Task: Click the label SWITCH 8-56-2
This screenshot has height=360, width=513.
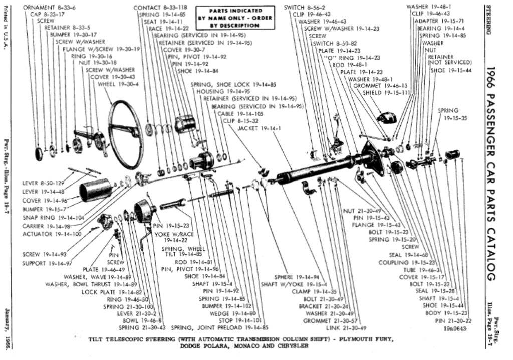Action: [304, 8]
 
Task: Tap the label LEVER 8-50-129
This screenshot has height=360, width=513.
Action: [44, 183]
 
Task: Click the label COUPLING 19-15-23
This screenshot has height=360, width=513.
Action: [401, 262]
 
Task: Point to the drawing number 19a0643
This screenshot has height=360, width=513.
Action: [455, 328]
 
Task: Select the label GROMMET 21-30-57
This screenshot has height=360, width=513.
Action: [326, 320]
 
